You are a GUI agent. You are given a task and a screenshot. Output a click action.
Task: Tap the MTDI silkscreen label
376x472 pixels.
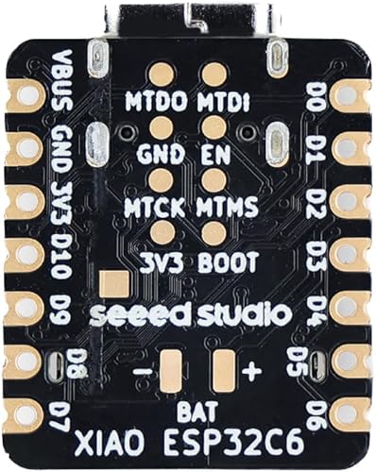[x=224, y=100]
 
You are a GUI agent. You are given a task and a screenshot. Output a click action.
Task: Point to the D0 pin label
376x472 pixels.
[x=316, y=94]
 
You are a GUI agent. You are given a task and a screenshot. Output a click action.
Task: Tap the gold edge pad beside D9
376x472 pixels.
[x=24, y=305]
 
